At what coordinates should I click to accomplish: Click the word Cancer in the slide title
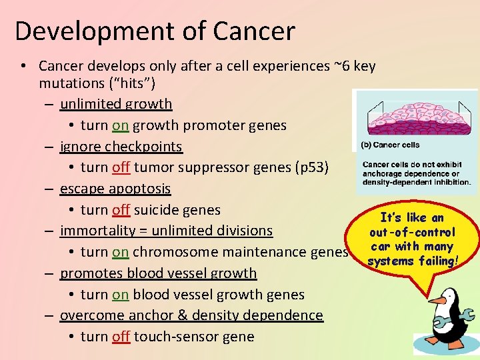(255, 31)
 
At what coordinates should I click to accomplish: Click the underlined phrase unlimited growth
(116, 104)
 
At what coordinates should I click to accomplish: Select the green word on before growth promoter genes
(120, 125)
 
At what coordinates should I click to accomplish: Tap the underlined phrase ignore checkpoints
(121, 147)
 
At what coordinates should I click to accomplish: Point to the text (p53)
(311, 167)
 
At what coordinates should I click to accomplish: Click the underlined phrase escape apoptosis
(115, 189)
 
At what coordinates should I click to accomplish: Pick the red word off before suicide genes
(121, 210)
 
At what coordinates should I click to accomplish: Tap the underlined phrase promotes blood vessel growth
(158, 273)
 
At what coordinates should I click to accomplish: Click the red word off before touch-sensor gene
(121, 337)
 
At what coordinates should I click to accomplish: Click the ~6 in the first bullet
(341, 66)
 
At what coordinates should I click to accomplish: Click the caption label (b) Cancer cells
(390, 145)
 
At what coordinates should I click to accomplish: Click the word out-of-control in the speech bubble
(413, 232)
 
